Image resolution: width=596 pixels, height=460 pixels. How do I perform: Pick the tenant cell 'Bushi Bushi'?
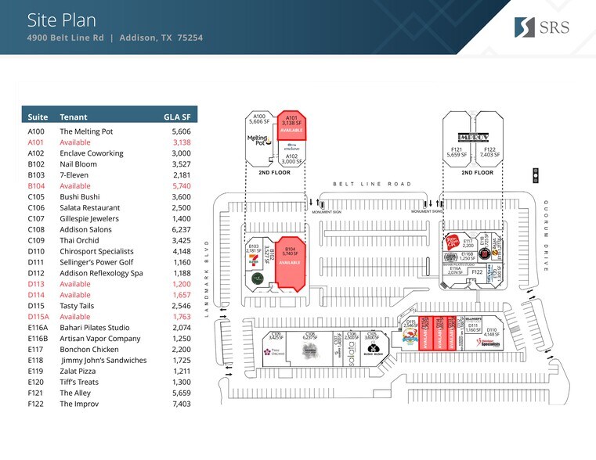coord(81,196)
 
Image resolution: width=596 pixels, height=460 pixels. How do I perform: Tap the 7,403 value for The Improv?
coord(180,404)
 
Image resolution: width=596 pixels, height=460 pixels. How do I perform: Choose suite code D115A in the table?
coord(39,317)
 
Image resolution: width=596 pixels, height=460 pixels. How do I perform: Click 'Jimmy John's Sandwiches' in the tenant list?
coord(104,360)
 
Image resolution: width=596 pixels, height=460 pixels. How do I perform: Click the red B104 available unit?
coord(287,262)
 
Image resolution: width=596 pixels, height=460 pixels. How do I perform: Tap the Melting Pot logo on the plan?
coord(258,140)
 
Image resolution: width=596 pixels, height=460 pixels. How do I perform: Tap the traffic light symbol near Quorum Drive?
coord(536,174)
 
